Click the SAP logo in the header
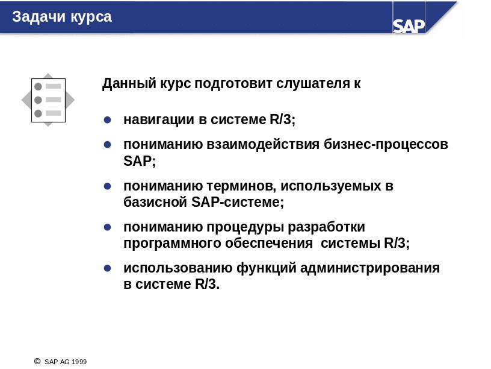coord(409,26)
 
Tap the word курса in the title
coord(91,17)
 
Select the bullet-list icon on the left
coord(48,100)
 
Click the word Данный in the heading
coord(129,84)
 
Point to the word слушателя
coord(313,84)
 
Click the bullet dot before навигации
coord(107,119)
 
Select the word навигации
coord(159,120)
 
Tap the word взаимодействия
coord(263,145)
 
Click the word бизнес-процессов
coord(386,145)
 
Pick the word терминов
coord(241,186)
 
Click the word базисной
coord(155,202)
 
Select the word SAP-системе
coord(238,202)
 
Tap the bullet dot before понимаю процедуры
coord(107,227)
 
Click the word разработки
coord(326,227)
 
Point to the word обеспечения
coord(269,244)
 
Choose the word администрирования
coord(370,268)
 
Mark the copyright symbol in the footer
coord(37,361)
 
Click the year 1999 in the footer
coord(79,362)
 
